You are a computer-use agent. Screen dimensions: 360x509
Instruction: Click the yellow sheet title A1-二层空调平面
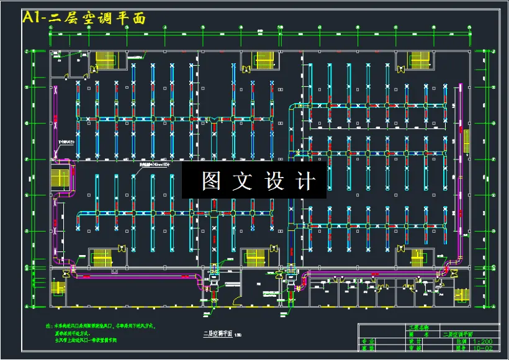[x=84, y=17]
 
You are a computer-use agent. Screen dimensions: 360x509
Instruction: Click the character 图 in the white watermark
[x=212, y=181]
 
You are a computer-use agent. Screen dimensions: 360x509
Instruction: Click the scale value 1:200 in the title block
[x=484, y=341]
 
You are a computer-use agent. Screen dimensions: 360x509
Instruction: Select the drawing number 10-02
[x=484, y=349]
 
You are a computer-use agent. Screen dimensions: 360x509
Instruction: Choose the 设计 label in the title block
[x=415, y=341]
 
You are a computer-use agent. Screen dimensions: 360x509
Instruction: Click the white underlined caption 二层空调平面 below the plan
[x=218, y=333]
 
